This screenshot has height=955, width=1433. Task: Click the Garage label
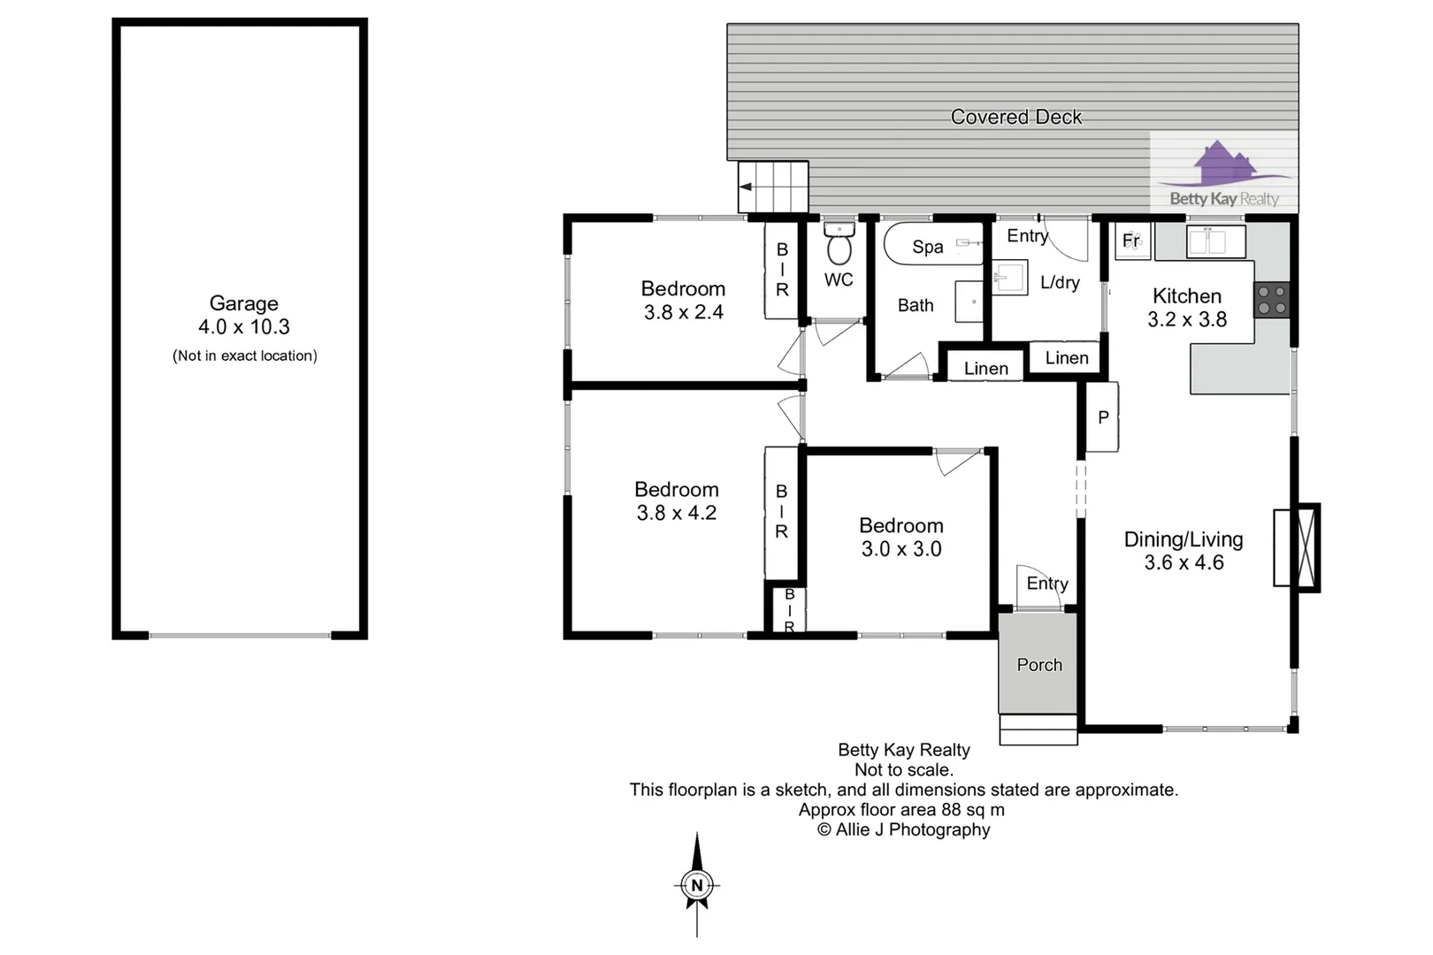click(244, 303)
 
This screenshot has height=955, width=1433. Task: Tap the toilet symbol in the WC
click(839, 243)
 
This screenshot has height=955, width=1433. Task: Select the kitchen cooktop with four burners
click(1272, 300)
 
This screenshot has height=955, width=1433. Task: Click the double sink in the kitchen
click(1215, 241)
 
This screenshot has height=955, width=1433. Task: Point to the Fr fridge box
click(1132, 241)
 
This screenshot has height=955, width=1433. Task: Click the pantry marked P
click(1102, 417)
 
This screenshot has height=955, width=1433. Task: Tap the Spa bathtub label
click(928, 247)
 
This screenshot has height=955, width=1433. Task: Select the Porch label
click(1039, 665)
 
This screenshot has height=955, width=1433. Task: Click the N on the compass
click(697, 885)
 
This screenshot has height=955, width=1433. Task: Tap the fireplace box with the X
click(1306, 547)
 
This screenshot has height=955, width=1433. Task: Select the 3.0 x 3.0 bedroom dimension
click(901, 549)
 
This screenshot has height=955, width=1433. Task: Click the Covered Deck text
click(1015, 117)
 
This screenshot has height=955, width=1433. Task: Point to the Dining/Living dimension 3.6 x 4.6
click(1184, 562)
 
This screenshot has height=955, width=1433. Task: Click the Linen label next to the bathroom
click(985, 369)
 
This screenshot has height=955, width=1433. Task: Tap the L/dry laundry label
click(1060, 282)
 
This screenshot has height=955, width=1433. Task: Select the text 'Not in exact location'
click(245, 355)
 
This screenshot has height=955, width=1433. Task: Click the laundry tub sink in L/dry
click(1010, 278)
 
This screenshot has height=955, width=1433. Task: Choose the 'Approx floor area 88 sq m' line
click(901, 810)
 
